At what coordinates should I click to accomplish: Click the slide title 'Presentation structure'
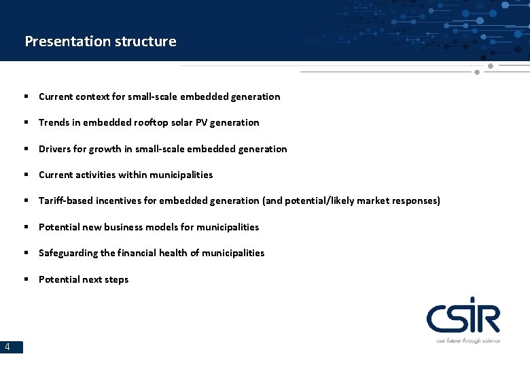(x=101, y=41)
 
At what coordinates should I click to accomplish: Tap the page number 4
(x=7, y=347)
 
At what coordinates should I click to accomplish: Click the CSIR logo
(x=463, y=318)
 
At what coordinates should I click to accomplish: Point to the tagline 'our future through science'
(x=468, y=340)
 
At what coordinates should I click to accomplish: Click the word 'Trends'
(x=54, y=122)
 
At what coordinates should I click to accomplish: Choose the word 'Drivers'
(x=55, y=149)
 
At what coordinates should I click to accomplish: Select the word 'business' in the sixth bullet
(x=124, y=227)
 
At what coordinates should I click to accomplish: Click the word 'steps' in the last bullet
(x=116, y=279)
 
